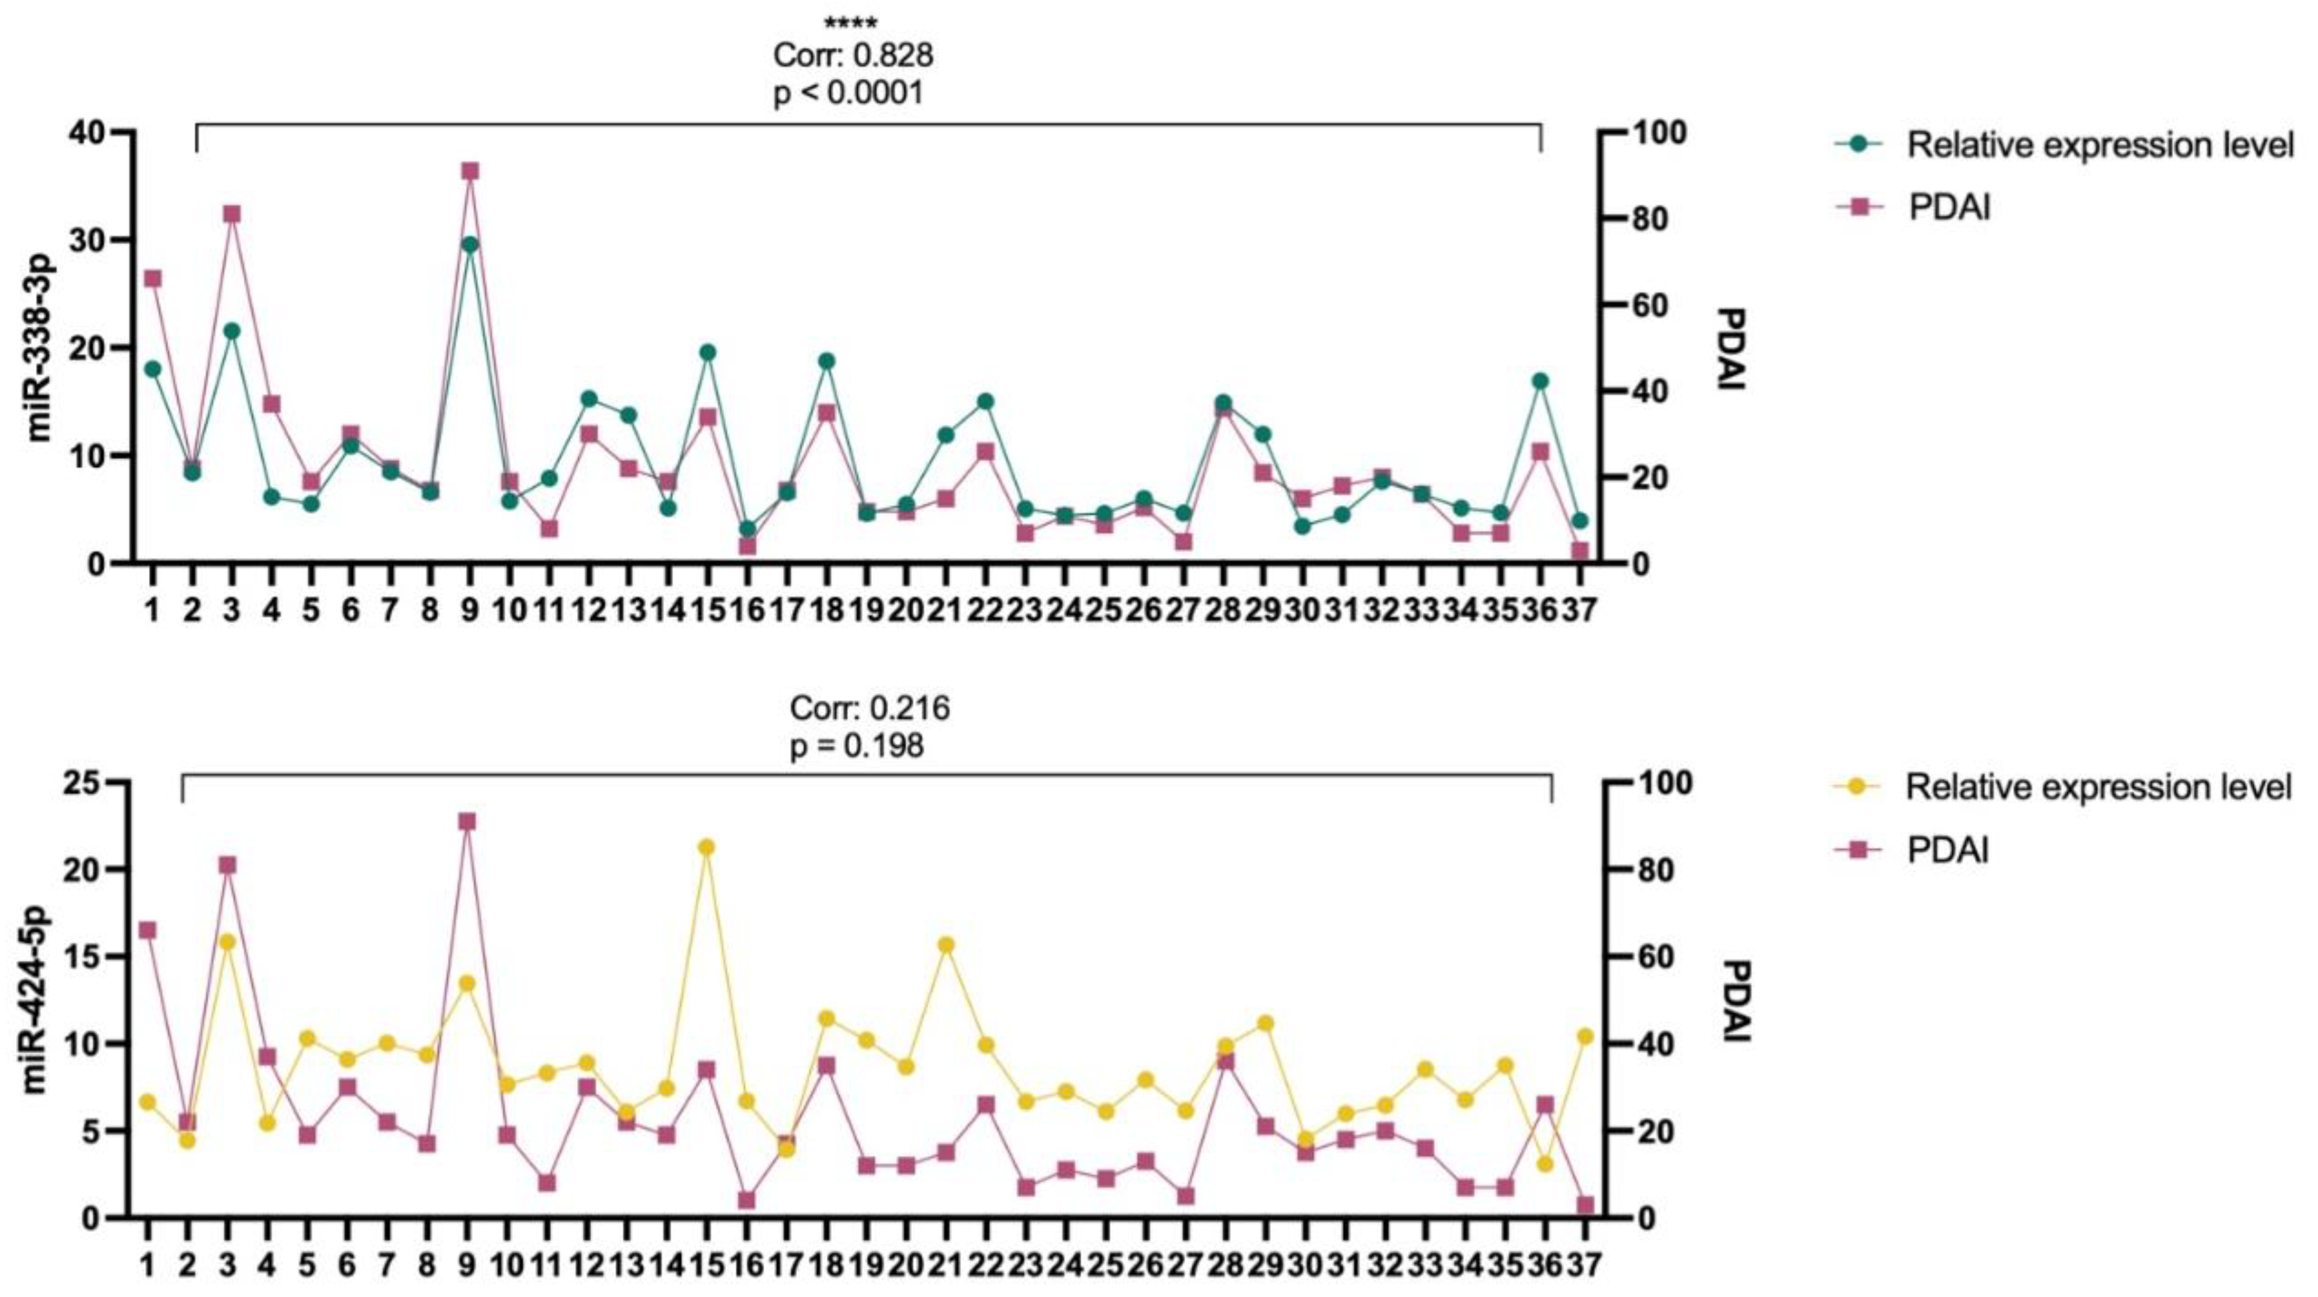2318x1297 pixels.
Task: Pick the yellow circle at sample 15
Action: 707,847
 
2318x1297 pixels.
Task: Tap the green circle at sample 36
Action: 1540,380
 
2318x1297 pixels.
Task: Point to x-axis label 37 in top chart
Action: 1580,611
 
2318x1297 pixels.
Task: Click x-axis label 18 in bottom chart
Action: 826,1266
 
